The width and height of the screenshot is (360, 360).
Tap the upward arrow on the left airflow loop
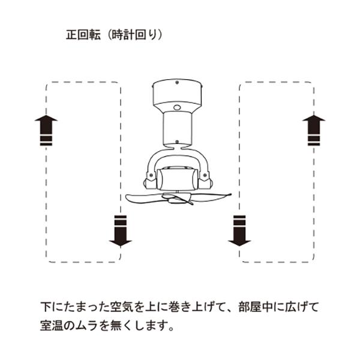46,131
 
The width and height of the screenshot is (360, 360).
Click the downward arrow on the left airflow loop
120,230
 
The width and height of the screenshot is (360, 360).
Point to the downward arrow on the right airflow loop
240,230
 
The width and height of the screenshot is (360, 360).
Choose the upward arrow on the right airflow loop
313,131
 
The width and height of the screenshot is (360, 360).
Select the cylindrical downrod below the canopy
179,129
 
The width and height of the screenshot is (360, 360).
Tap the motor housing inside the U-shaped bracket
178,179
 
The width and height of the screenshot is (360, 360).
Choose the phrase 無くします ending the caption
142,328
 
